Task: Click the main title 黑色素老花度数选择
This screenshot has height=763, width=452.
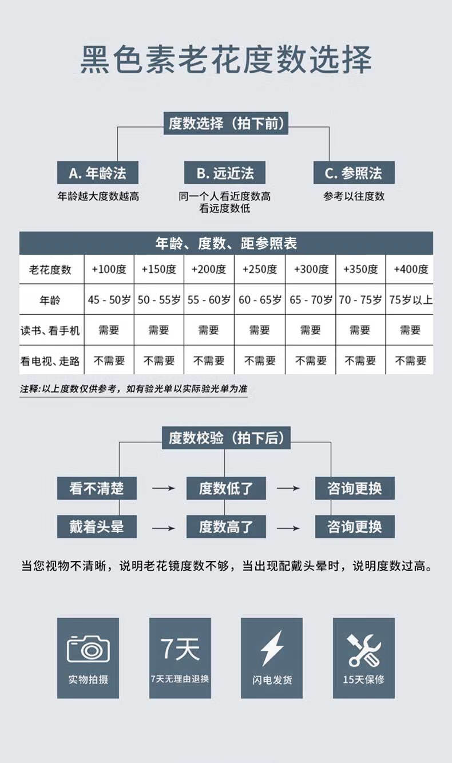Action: [225, 60]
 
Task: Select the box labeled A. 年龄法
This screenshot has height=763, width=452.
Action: [97, 173]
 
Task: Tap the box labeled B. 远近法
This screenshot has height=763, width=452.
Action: [225, 173]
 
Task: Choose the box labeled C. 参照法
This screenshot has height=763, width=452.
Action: [353, 173]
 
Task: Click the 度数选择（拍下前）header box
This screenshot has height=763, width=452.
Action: [225, 123]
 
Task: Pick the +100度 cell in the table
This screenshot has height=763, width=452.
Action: [109, 269]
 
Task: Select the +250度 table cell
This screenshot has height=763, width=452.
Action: [259, 269]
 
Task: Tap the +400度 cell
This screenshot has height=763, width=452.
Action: [410, 269]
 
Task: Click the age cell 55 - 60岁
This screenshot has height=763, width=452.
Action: [209, 299]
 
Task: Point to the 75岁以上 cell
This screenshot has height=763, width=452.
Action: [410, 299]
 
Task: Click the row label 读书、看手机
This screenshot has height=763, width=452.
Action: [50, 330]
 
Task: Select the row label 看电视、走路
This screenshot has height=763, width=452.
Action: [50, 361]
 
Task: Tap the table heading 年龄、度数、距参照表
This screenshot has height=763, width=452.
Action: [225, 243]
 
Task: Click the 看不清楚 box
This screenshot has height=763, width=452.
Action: [97, 488]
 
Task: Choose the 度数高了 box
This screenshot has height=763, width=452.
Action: [225, 527]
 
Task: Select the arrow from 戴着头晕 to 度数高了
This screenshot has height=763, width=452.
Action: [163, 527]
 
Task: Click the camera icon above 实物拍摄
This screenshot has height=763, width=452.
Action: [88, 649]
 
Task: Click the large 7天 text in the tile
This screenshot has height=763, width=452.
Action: [180, 648]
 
